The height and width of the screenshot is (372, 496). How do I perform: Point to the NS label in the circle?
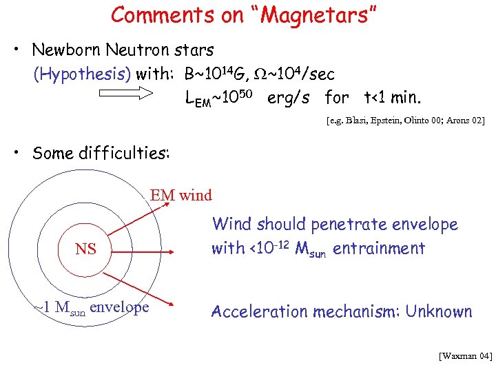click(x=85, y=249)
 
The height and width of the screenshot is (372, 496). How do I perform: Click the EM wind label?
click(x=181, y=196)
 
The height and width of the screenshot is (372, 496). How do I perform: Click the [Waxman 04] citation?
click(x=465, y=356)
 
